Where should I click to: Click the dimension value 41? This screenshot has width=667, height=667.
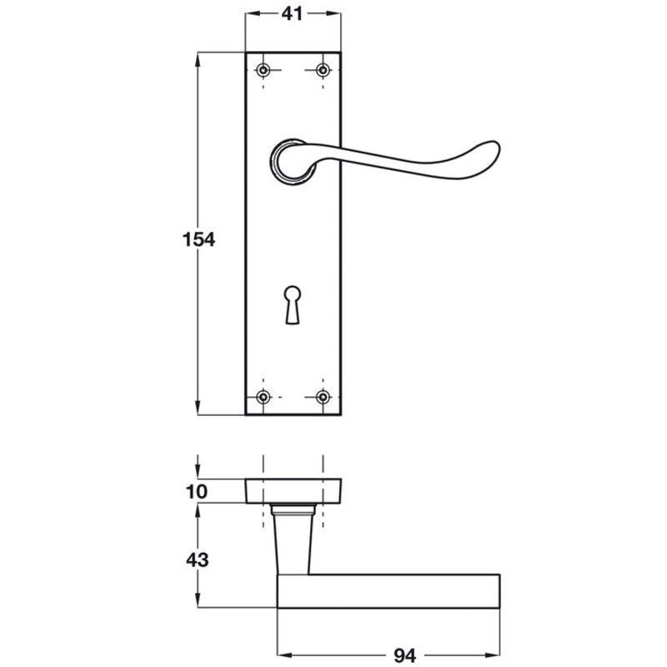(x=293, y=14)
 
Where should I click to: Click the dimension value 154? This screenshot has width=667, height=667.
(x=198, y=239)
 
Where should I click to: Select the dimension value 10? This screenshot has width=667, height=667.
(x=197, y=492)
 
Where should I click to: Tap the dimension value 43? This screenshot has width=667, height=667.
(x=198, y=559)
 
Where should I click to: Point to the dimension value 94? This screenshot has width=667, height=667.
(x=404, y=655)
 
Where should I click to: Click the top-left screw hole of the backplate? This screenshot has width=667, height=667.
(x=263, y=70)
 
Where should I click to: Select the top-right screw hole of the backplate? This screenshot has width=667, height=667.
(x=323, y=70)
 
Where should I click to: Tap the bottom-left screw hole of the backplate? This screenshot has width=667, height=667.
(x=263, y=398)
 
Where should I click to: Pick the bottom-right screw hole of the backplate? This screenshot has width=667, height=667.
(x=323, y=398)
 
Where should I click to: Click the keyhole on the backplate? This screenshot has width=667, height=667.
(x=293, y=304)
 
